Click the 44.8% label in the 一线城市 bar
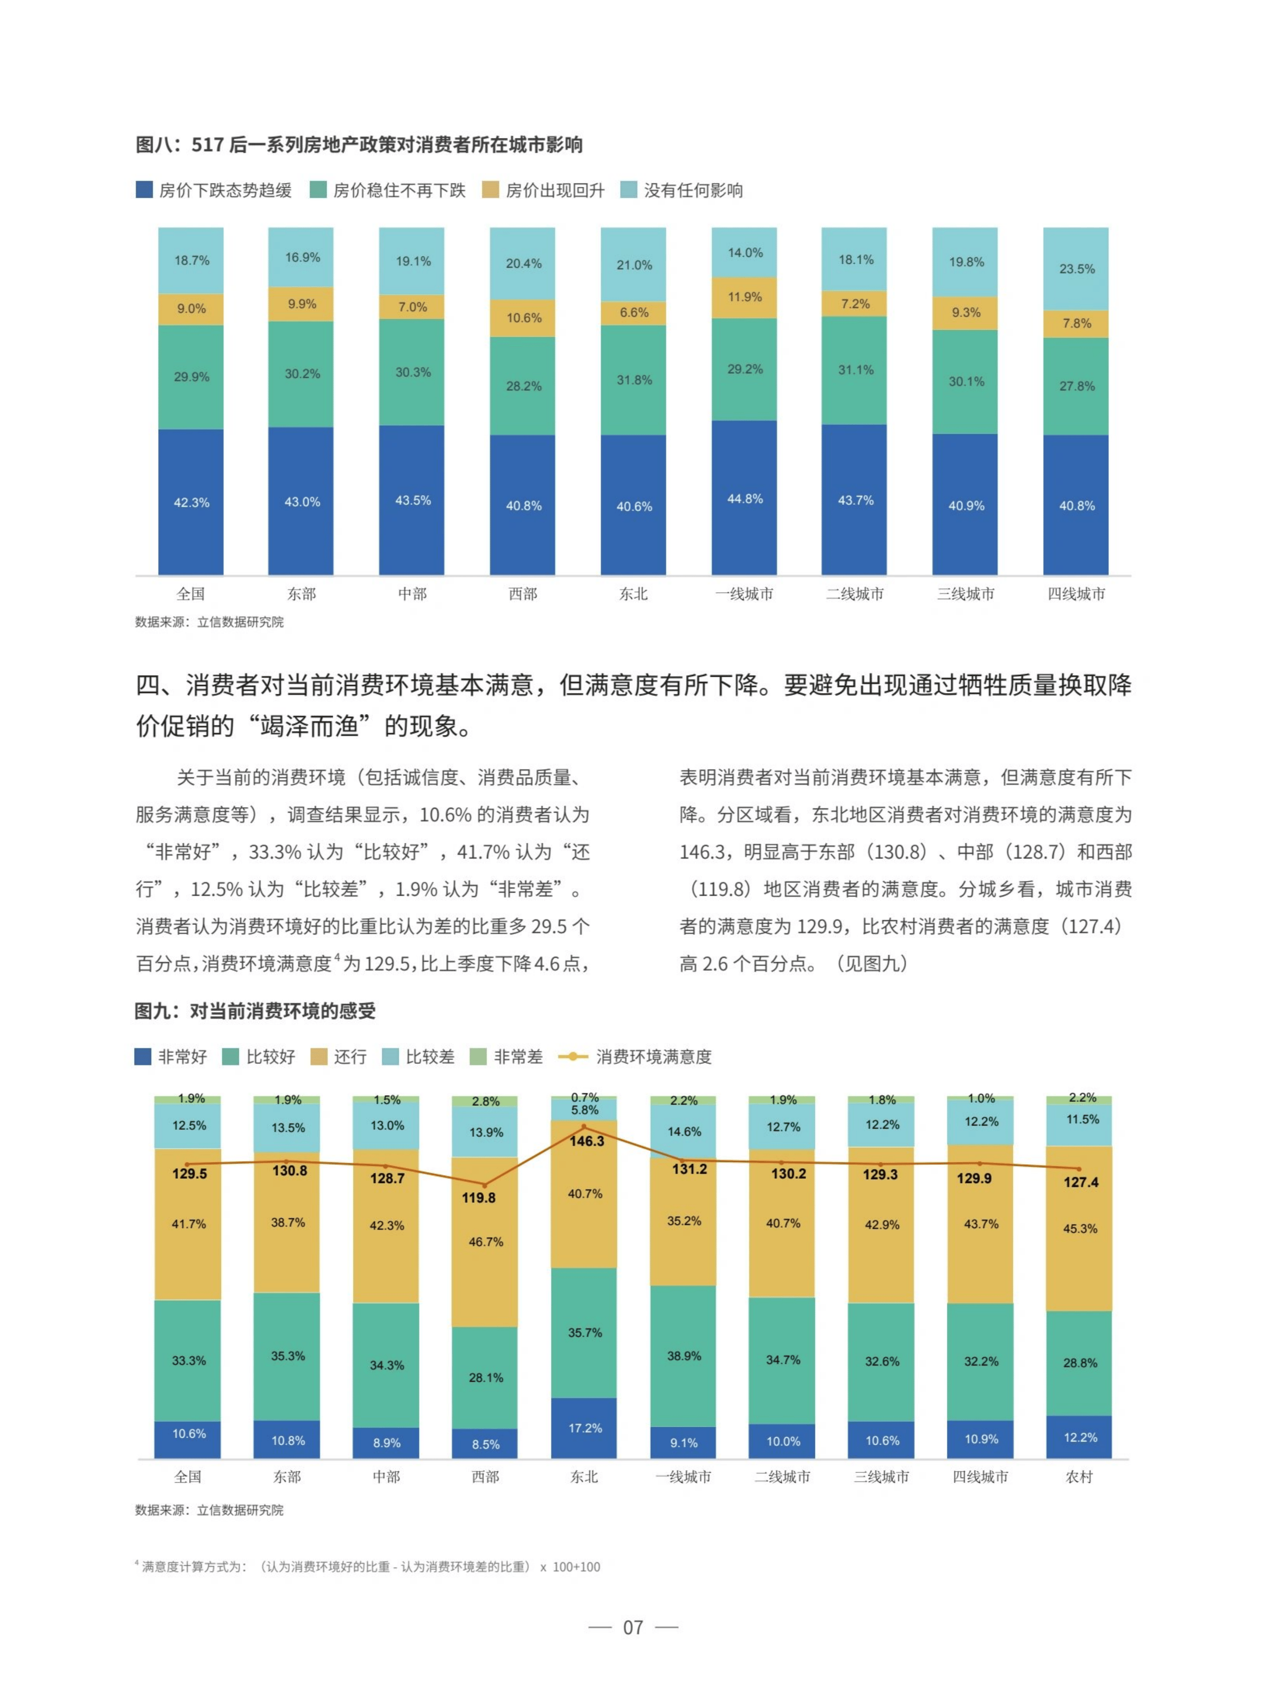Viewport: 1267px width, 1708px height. (745, 499)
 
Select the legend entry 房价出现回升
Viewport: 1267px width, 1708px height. (554, 190)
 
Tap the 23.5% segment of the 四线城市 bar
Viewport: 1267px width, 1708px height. (1076, 269)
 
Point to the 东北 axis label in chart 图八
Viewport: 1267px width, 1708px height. (633, 593)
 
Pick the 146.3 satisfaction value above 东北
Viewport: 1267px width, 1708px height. (586, 1141)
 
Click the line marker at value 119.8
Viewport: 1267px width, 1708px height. (484, 1185)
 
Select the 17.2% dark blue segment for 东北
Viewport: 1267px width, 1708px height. (584, 1428)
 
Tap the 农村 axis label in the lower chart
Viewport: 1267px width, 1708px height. (1079, 1477)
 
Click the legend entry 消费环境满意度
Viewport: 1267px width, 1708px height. (652, 1057)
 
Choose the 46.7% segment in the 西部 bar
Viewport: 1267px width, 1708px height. (486, 1242)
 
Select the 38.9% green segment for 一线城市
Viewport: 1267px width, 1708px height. (684, 1356)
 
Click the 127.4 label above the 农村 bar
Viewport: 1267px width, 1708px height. (1080, 1182)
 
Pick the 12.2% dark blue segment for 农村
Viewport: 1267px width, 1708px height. (1080, 1437)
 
